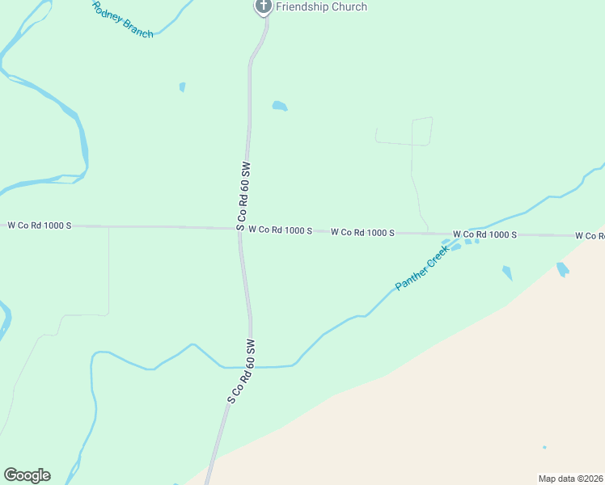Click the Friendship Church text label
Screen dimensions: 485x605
[x=321, y=7]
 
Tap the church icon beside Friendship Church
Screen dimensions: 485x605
[x=263, y=6]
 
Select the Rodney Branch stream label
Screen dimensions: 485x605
[x=122, y=20]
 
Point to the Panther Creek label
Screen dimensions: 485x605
[x=421, y=270]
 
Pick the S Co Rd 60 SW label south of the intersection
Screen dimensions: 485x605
[x=241, y=371]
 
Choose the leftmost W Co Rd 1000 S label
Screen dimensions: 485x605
[x=40, y=226]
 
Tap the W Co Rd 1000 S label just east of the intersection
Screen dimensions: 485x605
[x=280, y=230]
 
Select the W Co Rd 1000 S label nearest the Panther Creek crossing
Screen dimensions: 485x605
[x=484, y=234]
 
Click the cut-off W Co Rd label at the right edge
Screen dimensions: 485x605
[x=590, y=236]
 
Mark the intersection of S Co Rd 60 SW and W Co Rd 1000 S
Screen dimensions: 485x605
[x=240, y=229]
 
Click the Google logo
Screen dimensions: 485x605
[x=27, y=475]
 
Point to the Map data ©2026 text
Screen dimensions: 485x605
[x=570, y=479]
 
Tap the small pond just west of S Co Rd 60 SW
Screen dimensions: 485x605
[x=183, y=86]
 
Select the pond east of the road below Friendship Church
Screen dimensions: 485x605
[x=279, y=106]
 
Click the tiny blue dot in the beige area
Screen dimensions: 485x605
[x=544, y=447]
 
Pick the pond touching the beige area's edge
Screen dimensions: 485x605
[x=563, y=269]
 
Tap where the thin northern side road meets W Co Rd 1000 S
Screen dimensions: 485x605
[x=428, y=233]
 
